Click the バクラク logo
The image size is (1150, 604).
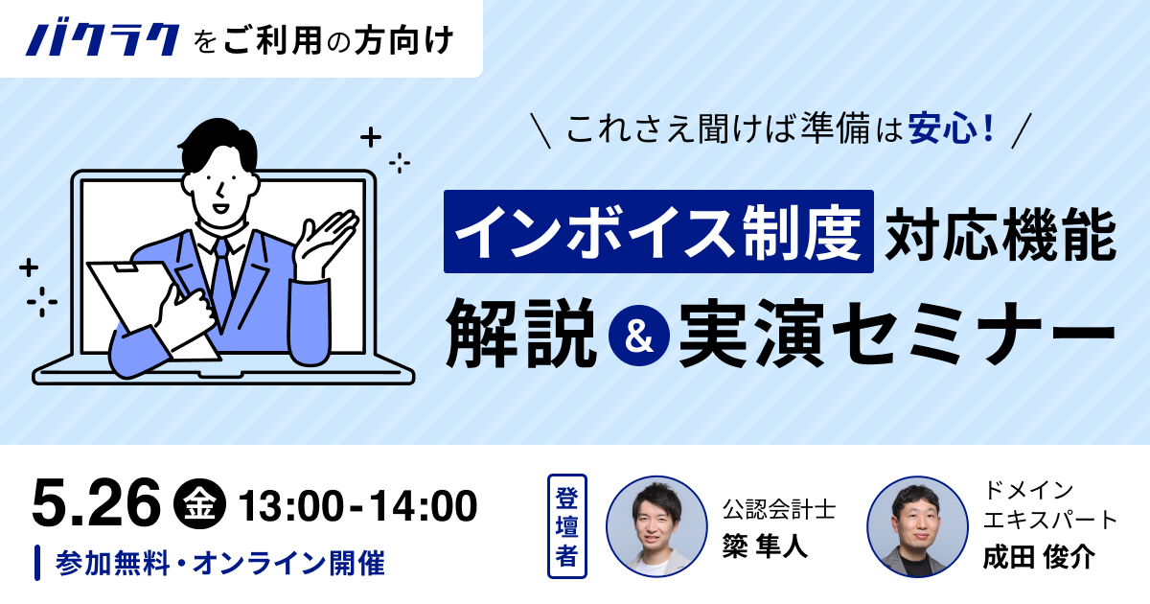(103, 39)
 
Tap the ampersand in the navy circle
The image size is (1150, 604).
(638, 336)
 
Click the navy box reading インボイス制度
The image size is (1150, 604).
(658, 232)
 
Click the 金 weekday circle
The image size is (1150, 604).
(199, 504)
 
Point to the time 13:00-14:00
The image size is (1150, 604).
(357, 506)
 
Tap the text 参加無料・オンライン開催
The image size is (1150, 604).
(220, 563)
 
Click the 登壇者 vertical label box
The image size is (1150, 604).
(566, 526)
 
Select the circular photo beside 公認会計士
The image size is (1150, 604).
(656, 526)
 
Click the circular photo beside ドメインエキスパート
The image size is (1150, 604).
(917, 526)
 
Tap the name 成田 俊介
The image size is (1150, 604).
(1039, 556)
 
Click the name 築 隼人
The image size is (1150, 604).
(765, 545)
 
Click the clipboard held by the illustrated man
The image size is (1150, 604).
(154, 308)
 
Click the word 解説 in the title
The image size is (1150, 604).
(521, 334)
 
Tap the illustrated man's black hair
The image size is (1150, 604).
(219, 144)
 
